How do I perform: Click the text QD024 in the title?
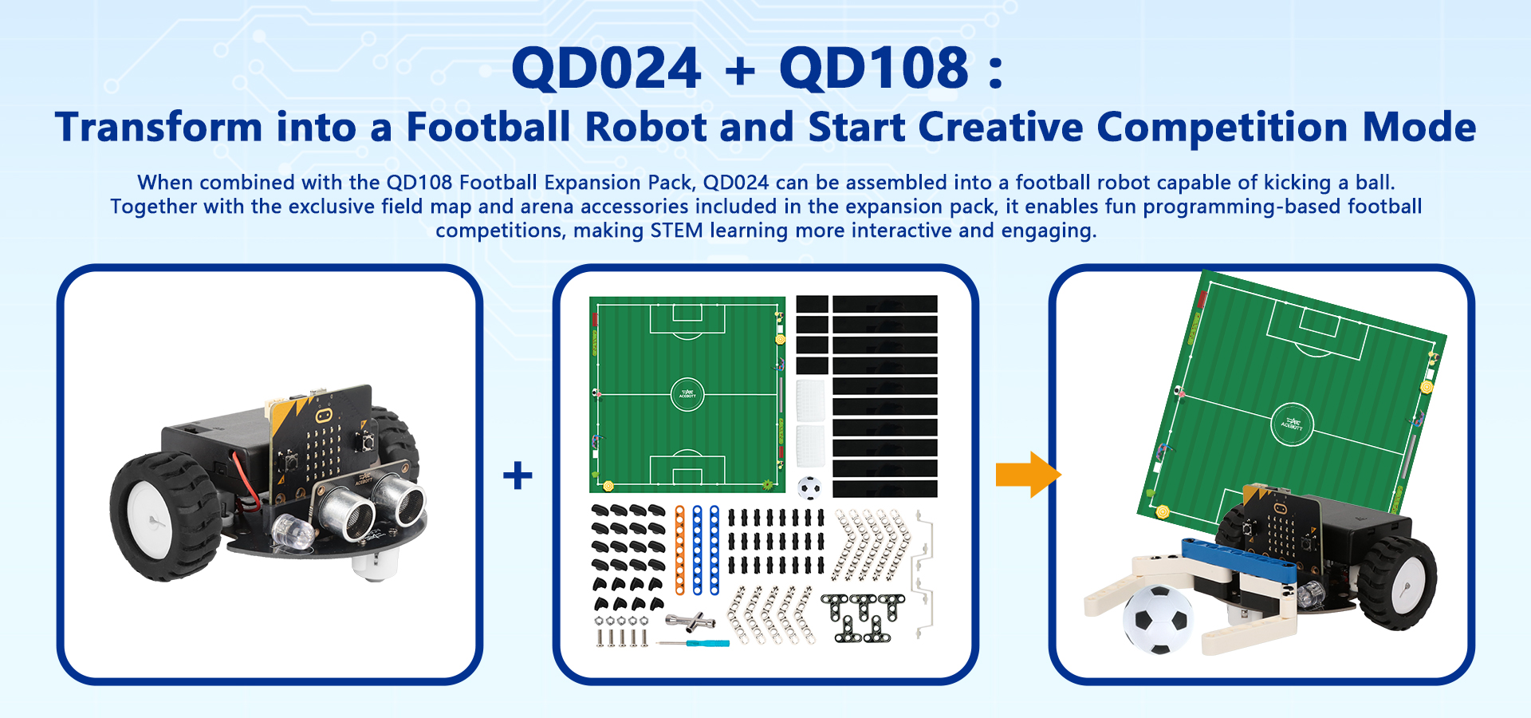[x=606, y=68]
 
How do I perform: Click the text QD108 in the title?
[x=874, y=68]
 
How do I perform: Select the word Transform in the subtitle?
[x=159, y=128]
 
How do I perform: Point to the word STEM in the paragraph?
[x=677, y=231]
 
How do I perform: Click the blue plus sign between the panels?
[x=518, y=475]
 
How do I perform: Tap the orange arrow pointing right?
[x=1029, y=475]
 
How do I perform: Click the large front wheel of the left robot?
[x=163, y=516]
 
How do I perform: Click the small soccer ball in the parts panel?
[x=809, y=487]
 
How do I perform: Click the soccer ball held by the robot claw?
[x=1157, y=620]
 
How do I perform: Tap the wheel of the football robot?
[x=1397, y=582]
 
